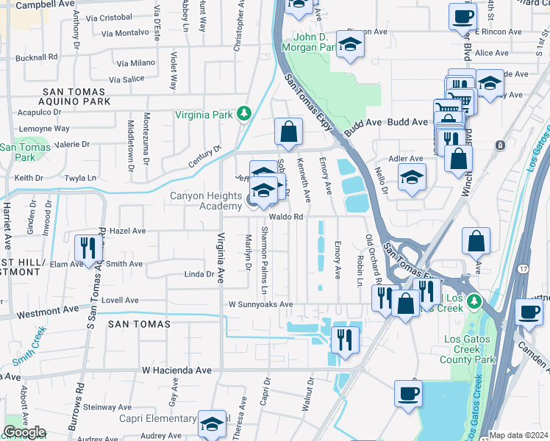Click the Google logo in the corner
coord(24,432)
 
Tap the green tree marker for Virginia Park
coord(244,114)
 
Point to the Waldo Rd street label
coord(286,217)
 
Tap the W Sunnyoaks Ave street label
coord(260,304)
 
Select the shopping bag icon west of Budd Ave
coord(289,132)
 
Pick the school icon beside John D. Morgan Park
coord(351,43)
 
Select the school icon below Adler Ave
coord(412,176)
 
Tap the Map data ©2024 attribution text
coord(519,435)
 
